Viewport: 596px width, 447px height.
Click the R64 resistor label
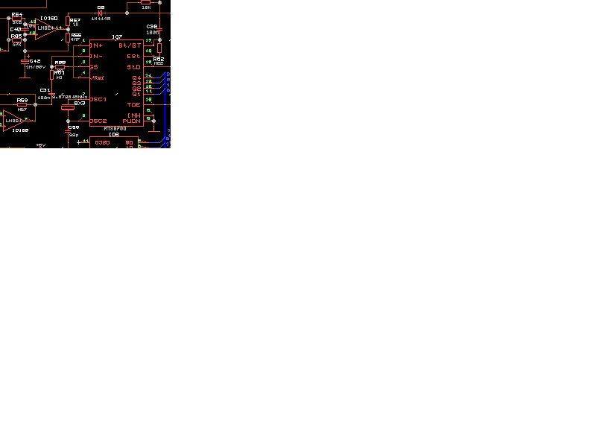16,14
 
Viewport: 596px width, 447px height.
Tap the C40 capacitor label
16,29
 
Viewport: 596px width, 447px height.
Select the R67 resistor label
74,20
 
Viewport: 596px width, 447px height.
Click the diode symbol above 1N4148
101,13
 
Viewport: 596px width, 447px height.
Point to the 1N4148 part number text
101,19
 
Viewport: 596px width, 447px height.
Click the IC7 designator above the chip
117,37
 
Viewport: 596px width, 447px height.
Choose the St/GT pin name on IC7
130,45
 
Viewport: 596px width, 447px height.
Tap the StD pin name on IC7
134,67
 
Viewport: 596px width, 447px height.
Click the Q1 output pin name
136,94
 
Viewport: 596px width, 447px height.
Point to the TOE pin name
133,105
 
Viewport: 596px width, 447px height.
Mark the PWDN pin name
132,121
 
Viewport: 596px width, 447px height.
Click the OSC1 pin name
98,99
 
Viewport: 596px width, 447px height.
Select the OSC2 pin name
98,121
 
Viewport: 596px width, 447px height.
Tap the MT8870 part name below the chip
115,128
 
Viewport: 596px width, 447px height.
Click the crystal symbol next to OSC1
68,107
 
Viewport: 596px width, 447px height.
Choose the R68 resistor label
60,63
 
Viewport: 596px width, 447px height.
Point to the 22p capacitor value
74,135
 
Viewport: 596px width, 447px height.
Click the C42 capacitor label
35,61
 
